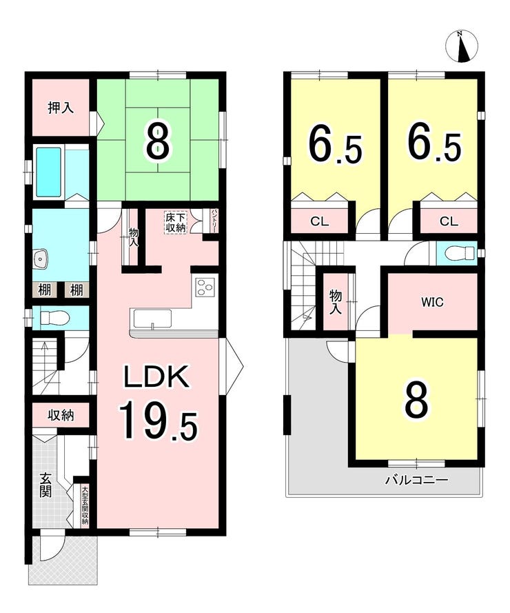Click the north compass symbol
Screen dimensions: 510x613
click(462, 46)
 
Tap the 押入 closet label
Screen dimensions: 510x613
click(61, 108)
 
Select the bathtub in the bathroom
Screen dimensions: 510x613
click(49, 172)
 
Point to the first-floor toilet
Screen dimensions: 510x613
click(54, 318)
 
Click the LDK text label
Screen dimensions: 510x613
click(156, 376)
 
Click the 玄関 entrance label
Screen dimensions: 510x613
click(45, 485)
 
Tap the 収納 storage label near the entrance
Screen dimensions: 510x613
click(61, 415)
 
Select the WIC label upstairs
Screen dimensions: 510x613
click(432, 302)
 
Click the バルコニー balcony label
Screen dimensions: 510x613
click(416, 479)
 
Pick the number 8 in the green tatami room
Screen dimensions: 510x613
click(158, 139)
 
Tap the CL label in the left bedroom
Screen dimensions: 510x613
click(319, 221)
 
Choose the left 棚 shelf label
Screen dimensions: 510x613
click(44, 290)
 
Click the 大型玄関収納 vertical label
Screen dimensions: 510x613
click(84, 505)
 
